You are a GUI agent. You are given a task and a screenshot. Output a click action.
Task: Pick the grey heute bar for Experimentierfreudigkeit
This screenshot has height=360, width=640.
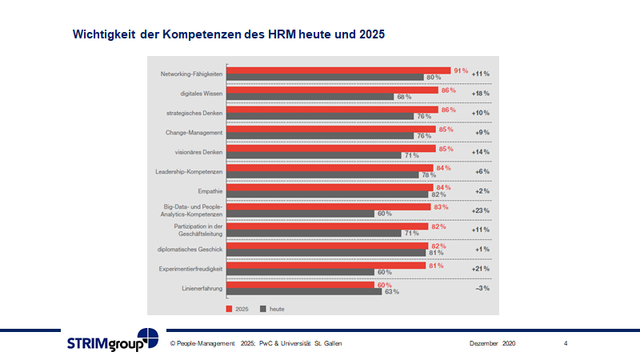(x=301, y=272)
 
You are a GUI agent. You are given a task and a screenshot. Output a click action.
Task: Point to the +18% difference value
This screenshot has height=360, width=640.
(x=480, y=93)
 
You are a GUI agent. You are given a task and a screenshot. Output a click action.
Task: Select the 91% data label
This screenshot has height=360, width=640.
(x=460, y=70)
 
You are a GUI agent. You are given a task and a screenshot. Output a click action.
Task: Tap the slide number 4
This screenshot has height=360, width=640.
(x=566, y=343)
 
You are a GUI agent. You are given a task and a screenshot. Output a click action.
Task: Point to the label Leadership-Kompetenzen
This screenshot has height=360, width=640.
(x=188, y=171)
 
